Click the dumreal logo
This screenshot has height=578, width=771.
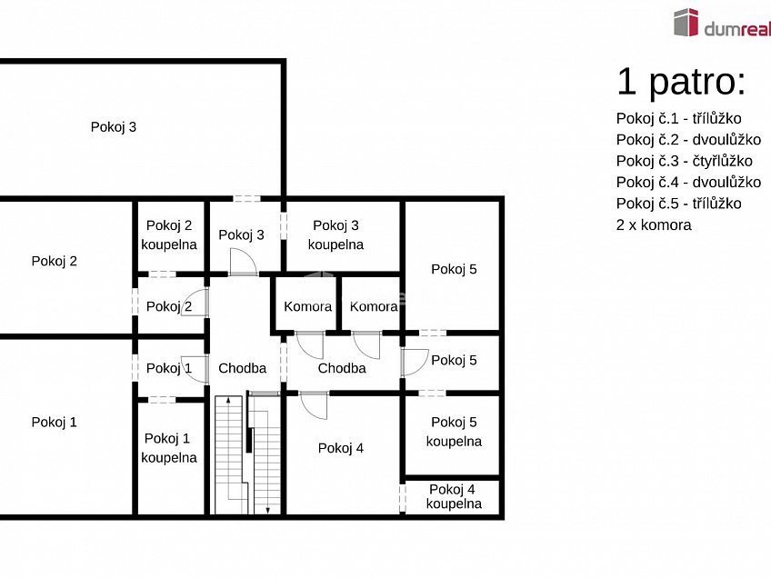(722, 23)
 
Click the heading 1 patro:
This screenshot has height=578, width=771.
(682, 82)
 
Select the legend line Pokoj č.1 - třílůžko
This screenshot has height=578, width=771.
(678, 118)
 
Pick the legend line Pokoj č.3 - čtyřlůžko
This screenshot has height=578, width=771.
(684, 161)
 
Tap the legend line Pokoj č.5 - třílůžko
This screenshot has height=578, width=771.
(678, 204)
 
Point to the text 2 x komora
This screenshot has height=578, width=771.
(654, 225)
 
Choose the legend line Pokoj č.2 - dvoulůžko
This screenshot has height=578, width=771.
(688, 140)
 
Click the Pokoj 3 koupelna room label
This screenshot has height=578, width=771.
(335, 235)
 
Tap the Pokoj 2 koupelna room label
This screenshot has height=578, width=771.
(169, 235)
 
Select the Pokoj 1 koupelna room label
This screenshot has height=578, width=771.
(169, 448)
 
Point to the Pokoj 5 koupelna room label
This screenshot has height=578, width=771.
(454, 432)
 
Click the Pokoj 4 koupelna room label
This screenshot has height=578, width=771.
(454, 496)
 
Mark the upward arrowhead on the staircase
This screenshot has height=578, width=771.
(228, 401)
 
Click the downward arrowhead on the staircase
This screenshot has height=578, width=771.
(268, 511)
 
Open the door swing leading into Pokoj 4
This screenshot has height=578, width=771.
(314, 405)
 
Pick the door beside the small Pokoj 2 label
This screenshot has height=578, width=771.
(195, 303)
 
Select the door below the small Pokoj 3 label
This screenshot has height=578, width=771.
(244, 262)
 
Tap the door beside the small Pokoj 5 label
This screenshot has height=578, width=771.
(415, 363)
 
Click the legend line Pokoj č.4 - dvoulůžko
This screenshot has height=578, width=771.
(688, 183)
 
